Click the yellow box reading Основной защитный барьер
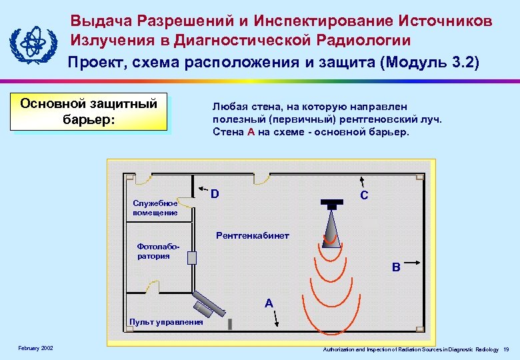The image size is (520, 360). click(x=89, y=111)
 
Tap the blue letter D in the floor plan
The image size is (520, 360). click(x=215, y=195)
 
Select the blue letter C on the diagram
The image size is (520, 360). click(x=364, y=195)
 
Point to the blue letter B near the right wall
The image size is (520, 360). click(x=396, y=267)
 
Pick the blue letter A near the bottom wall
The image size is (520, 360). click(x=268, y=303)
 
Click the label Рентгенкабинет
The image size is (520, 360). click(x=253, y=236)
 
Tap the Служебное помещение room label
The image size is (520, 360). click(x=155, y=208)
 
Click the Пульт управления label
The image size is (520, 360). click(x=167, y=322)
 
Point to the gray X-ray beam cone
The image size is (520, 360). click(x=331, y=227)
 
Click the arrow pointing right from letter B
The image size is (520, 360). click(x=414, y=262)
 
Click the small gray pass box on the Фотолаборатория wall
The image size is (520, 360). click(x=192, y=258)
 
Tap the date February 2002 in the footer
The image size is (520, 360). click(x=36, y=349)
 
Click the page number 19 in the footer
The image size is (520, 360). click(x=507, y=349)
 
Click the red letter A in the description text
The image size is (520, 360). click(x=251, y=131)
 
